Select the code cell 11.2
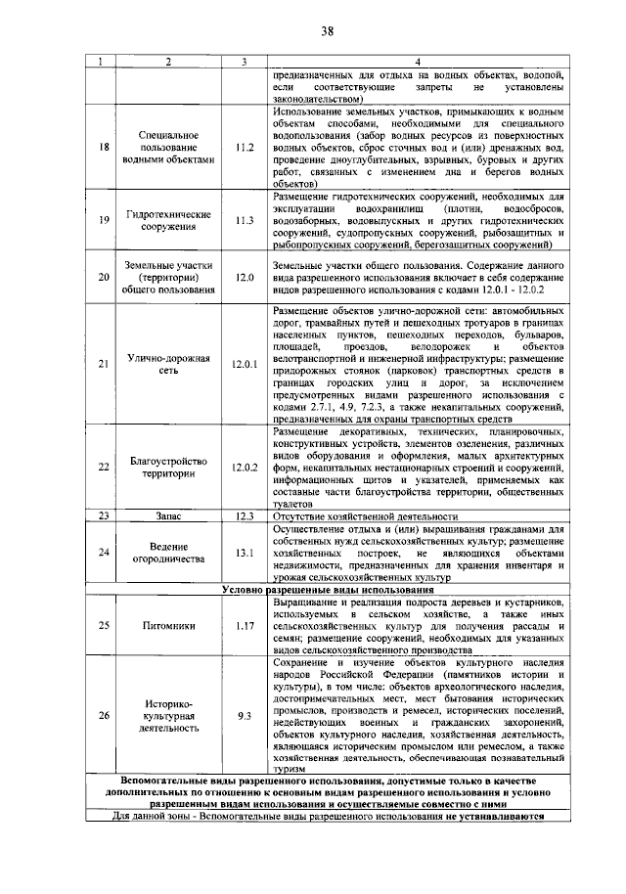click(245, 147)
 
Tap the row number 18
click(104, 147)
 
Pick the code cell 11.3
click(245, 220)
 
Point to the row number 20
click(104, 278)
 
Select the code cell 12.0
click(245, 278)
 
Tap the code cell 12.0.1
click(245, 365)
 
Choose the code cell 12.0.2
click(245, 467)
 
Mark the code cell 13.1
click(245, 553)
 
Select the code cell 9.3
click(245, 716)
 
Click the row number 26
click(104, 716)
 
